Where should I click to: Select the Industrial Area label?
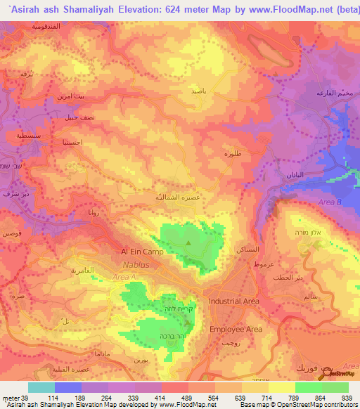point(234,301)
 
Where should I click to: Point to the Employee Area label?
point(236,329)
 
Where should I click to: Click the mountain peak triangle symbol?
point(188,243)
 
